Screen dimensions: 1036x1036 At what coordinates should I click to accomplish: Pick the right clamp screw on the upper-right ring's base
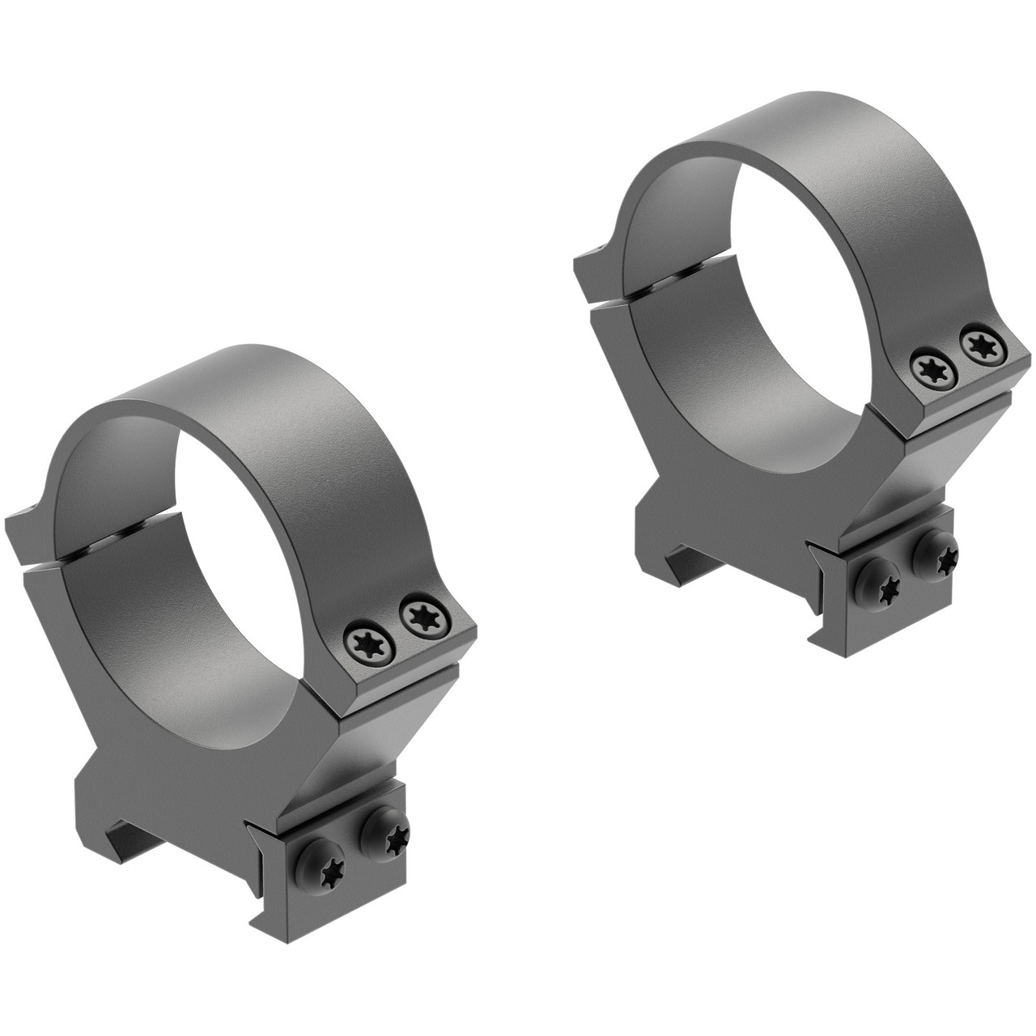[x=940, y=556]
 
